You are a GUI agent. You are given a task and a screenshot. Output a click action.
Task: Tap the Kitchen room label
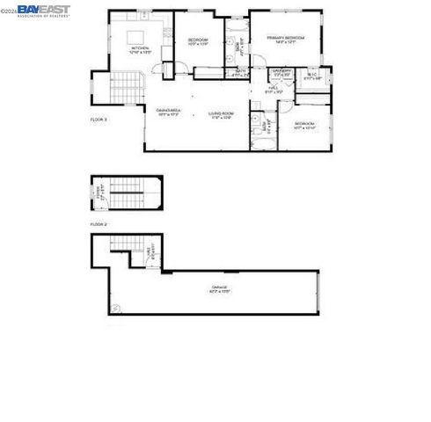tap(140, 50)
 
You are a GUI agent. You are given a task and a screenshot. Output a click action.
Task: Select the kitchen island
tap(136, 37)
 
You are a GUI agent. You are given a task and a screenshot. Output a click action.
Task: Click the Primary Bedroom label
tap(287, 40)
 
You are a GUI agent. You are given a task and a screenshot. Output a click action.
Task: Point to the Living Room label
tap(220, 113)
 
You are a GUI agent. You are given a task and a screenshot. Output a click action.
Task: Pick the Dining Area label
tap(168, 112)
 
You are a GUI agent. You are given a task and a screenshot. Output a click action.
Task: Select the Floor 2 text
tap(99, 225)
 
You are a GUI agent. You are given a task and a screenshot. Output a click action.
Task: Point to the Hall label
tap(274, 90)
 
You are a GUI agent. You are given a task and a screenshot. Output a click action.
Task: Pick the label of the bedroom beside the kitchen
tap(197, 43)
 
